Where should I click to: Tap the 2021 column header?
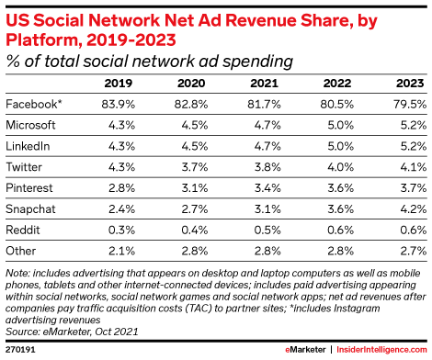click(x=267, y=84)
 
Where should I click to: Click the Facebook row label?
click(x=30, y=104)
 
